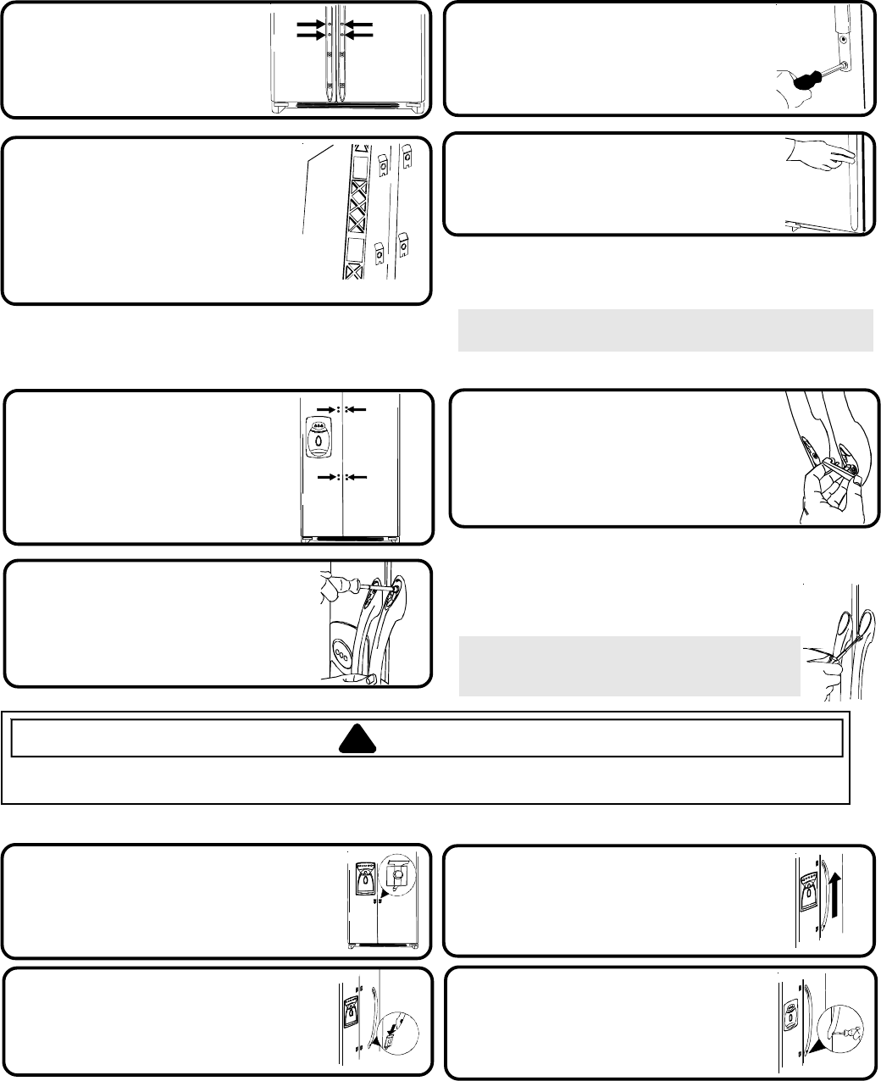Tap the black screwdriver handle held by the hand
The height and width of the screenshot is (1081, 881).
(x=795, y=82)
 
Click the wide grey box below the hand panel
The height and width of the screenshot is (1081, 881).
(x=665, y=330)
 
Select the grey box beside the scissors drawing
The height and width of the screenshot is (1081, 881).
(x=629, y=666)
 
